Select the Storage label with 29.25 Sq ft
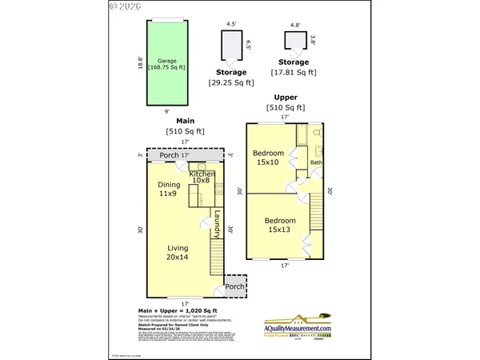(230, 73)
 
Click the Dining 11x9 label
(168, 189)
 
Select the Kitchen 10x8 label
(203, 178)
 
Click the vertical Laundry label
(216, 223)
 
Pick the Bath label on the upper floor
(316, 163)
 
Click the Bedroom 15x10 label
(267, 157)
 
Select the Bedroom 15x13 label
(279, 226)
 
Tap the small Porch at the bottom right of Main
(234, 286)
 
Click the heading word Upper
(286, 97)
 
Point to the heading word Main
(185, 122)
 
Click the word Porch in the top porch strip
(170, 155)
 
